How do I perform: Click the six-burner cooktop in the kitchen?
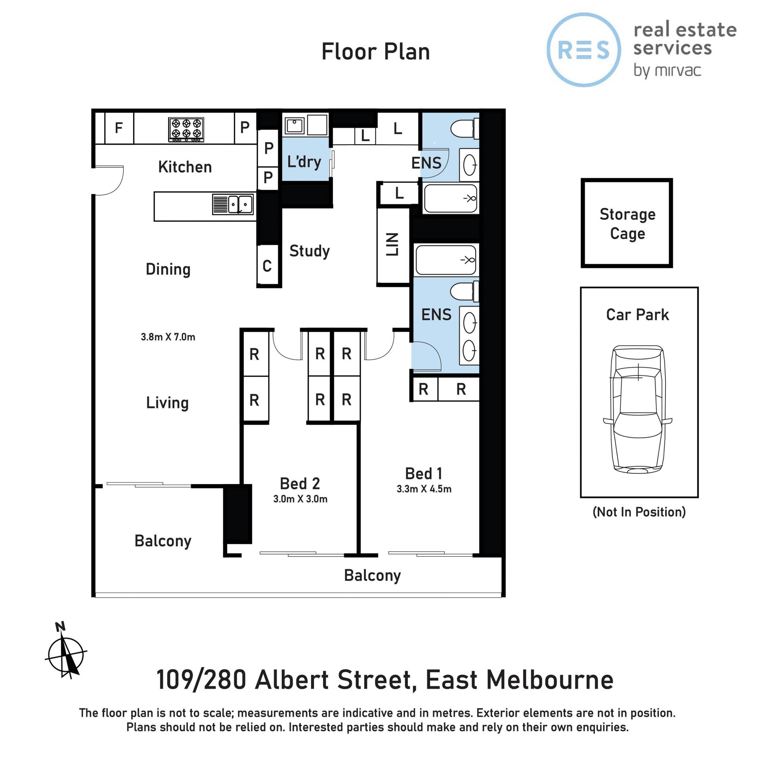[x=186, y=129]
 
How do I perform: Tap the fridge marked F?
[x=119, y=128]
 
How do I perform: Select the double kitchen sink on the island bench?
[x=233, y=204]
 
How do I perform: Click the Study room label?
[x=309, y=251]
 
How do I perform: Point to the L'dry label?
[x=304, y=162]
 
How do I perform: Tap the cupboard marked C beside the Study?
[x=267, y=265]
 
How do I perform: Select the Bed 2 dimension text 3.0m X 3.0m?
[x=300, y=499]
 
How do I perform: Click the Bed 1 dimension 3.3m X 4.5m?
[x=424, y=489]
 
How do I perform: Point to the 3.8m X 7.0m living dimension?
[x=168, y=337]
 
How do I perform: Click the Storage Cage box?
[x=627, y=223]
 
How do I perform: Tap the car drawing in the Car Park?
[x=638, y=409]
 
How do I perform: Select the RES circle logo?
[x=584, y=50]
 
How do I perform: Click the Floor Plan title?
[x=375, y=52]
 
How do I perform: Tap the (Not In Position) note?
[x=639, y=512]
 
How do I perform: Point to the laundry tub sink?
[x=294, y=126]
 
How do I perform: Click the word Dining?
[x=168, y=269]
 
